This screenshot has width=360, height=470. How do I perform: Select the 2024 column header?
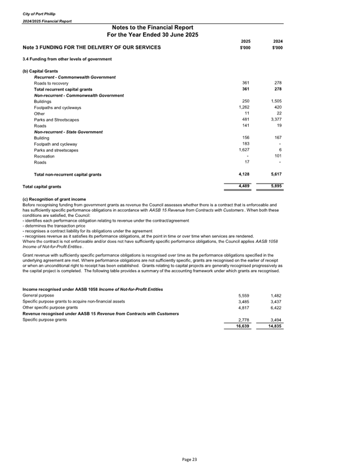point(276,41)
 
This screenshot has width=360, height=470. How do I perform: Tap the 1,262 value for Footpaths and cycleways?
point(244,107)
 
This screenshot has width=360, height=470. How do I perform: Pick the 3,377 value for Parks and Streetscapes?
point(275,120)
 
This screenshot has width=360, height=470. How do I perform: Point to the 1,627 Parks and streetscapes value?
point(244,150)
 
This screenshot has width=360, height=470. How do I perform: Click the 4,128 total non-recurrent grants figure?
point(244,175)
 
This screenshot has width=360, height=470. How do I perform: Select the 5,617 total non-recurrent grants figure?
point(275,175)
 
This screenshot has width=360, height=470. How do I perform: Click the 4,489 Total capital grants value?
point(244,186)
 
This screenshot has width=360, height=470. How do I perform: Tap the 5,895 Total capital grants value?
point(275,186)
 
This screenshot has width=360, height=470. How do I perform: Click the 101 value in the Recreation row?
point(277,156)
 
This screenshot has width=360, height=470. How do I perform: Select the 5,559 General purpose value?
point(244,295)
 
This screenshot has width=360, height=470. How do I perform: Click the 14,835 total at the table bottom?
point(274,326)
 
